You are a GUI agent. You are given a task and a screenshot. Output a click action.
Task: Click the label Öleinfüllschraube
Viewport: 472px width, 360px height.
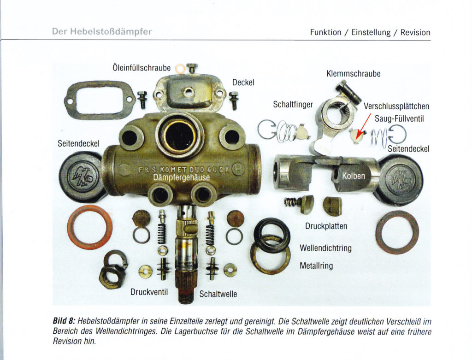pyautogui.click(x=142, y=68)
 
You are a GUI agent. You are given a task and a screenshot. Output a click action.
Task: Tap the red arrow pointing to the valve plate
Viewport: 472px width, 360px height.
pyautogui.click(x=363, y=126)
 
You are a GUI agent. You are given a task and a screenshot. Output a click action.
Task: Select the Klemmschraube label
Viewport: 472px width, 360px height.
pyautogui.click(x=354, y=74)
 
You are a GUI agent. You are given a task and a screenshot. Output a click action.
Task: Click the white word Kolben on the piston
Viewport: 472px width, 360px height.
pyautogui.click(x=354, y=176)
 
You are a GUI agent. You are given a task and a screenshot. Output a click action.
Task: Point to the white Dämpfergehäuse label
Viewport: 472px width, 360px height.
pyautogui.click(x=181, y=177)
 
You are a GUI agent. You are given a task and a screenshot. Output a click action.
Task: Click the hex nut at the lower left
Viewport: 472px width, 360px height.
pyautogui.click(x=112, y=276)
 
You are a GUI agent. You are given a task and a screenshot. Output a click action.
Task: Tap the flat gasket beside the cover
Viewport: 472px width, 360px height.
pyautogui.click(x=100, y=100)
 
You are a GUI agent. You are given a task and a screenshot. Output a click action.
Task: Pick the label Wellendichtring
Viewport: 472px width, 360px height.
pyautogui.click(x=325, y=248)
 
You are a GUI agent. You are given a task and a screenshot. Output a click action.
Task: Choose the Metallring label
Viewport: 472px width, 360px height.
pyautogui.click(x=316, y=266)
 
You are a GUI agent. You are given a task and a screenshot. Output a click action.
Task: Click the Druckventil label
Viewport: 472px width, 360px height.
pyautogui.click(x=149, y=292)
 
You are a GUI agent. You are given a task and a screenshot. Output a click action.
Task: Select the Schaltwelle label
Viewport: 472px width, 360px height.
pyautogui.click(x=218, y=294)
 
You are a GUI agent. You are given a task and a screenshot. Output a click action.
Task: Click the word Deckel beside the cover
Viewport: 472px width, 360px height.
pyautogui.click(x=243, y=83)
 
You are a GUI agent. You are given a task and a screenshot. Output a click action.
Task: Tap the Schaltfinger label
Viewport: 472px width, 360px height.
pyautogui.click(x=293, y=105)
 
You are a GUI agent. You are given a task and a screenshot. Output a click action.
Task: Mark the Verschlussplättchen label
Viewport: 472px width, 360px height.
pyautogui.click(x=396, y=106)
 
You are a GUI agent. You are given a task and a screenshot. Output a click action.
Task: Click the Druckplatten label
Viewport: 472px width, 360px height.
pyautogui.click(x=326, y=226)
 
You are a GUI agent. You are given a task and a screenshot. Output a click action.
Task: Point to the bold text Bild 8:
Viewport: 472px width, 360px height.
pyautogui.click(x=64, y=321)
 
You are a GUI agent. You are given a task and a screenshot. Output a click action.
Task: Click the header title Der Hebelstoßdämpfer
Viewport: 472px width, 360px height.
pyautogui.click(x=102, y=32)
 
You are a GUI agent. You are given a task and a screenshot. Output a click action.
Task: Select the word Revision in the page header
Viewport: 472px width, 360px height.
pyautogui.click(x=415, y=32)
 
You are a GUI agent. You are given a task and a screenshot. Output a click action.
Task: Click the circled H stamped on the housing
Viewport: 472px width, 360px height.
pyautogui.click(x=237, y=170)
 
